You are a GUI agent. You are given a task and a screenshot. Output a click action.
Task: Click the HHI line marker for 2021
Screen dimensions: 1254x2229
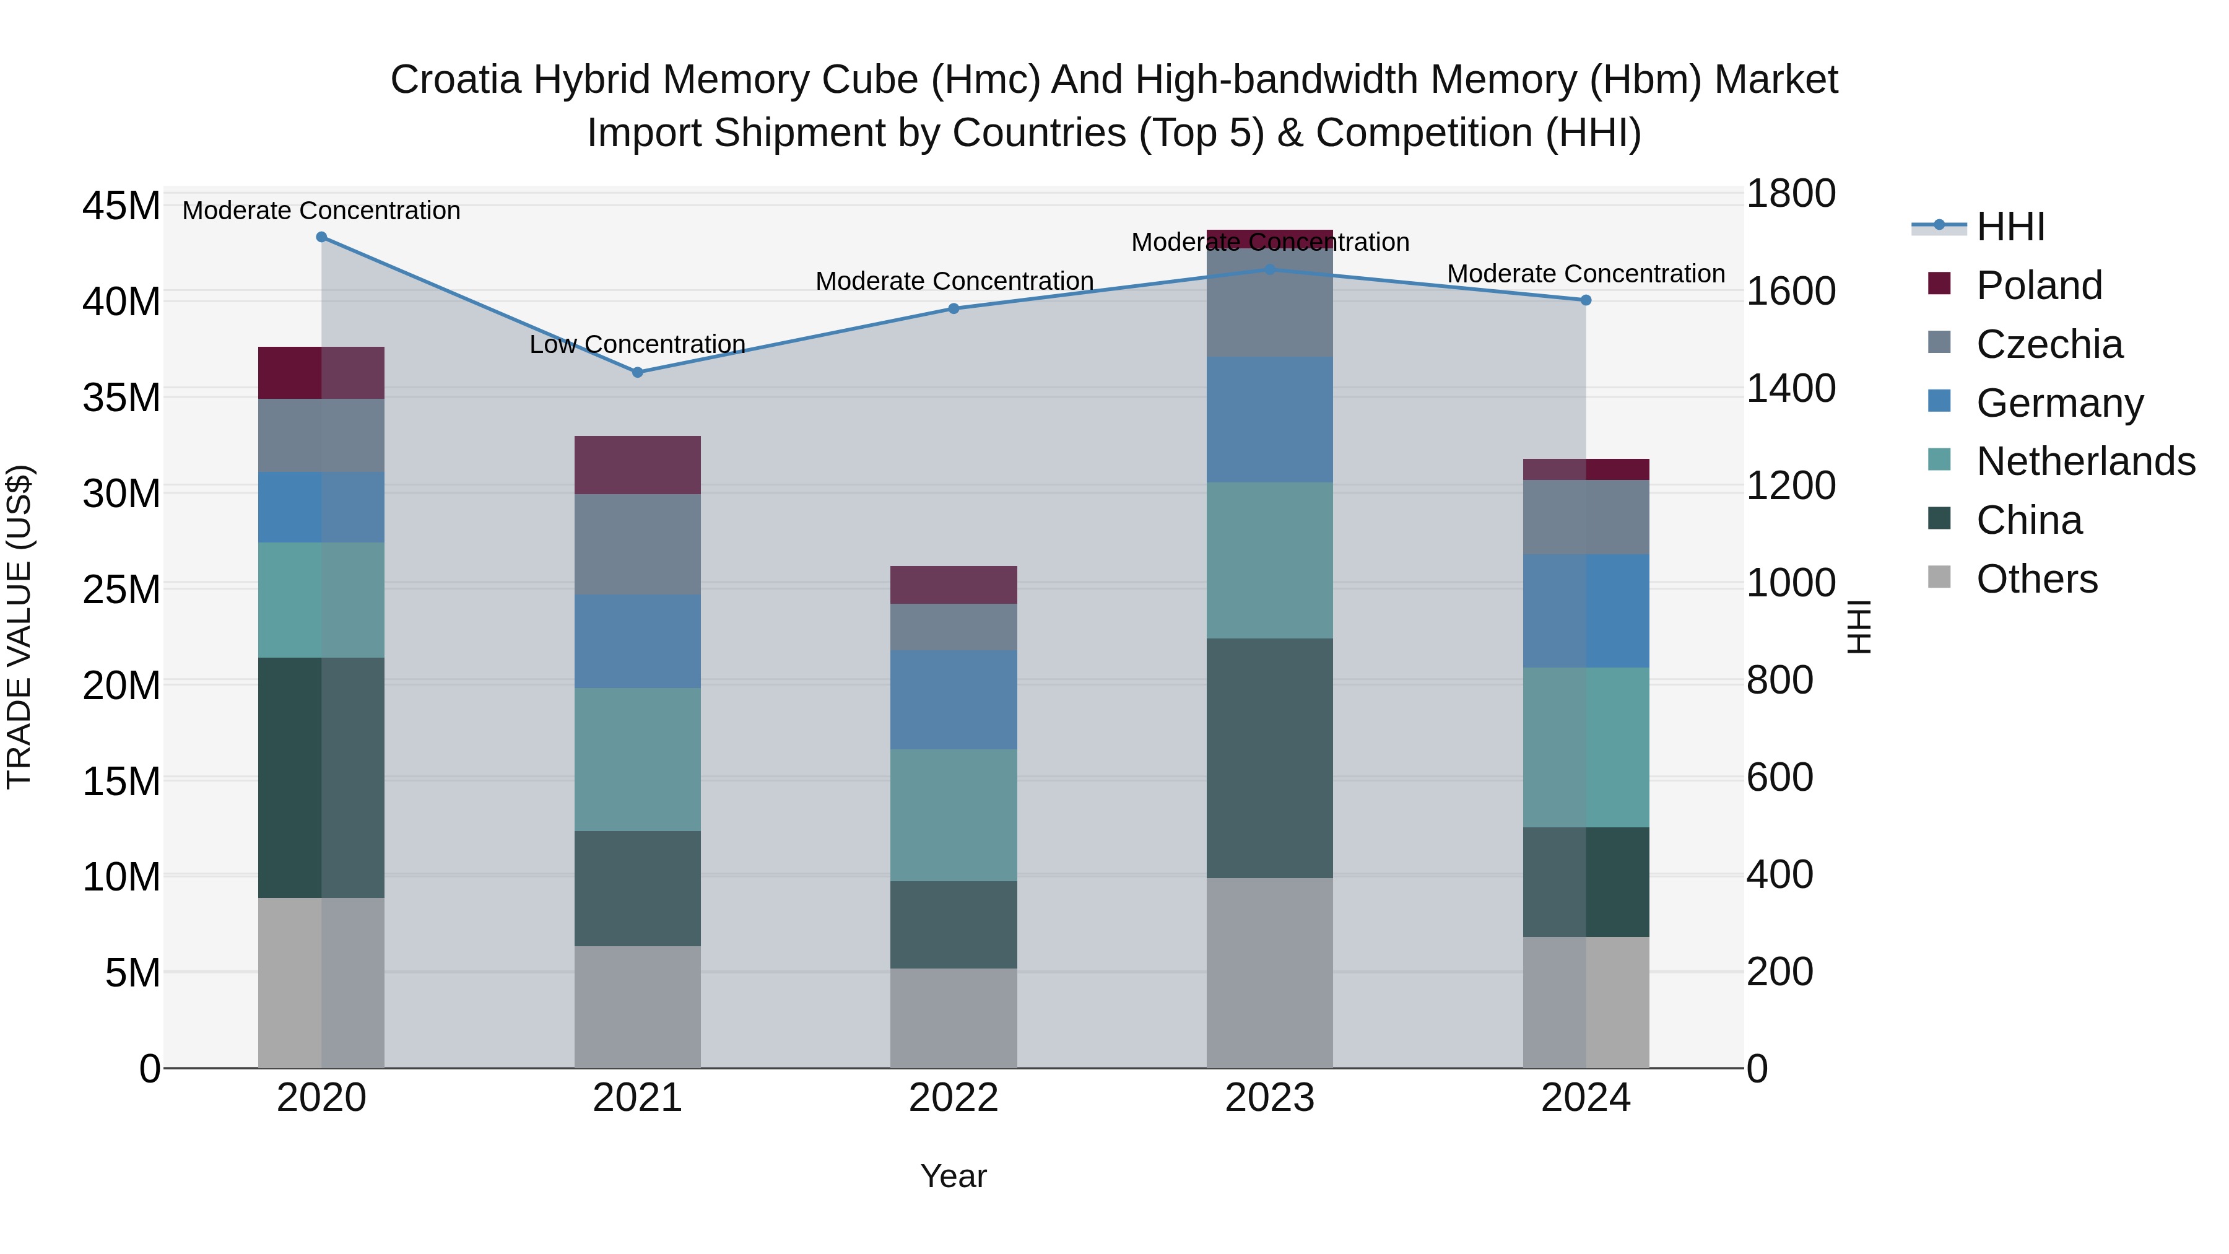pos(638,372)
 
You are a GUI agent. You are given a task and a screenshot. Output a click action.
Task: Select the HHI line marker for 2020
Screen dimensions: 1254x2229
pos(321,237)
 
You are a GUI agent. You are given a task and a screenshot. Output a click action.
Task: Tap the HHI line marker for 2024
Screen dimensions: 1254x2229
pos(1586,300)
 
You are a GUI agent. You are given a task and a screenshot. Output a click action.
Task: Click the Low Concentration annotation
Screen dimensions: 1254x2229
pos(637,344)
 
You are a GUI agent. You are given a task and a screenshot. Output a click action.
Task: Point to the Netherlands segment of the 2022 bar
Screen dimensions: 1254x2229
pos(954,815)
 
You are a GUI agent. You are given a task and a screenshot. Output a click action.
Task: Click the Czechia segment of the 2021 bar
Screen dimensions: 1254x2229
pos(638,544)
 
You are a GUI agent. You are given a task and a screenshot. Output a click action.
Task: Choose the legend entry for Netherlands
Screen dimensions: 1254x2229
pos(2085,461)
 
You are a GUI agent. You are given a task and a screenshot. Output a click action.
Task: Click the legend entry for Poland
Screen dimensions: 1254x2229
pos(2039,285)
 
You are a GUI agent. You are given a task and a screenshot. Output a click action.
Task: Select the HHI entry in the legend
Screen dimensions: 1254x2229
pos(2010,227)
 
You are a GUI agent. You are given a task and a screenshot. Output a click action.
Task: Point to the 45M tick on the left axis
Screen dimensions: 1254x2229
pos(121,206)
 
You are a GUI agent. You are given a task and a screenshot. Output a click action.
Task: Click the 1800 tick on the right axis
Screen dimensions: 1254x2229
pos(1789,193)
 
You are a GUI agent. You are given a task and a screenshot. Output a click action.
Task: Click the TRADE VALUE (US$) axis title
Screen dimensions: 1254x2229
pos(19,627)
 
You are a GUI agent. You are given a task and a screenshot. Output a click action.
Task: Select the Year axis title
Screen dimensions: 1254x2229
pos(954,1176)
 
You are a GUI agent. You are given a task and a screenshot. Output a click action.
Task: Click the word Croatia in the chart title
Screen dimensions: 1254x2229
pos(456,80)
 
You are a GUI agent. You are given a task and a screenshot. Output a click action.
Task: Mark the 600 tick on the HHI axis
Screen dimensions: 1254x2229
pos(1779,777)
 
